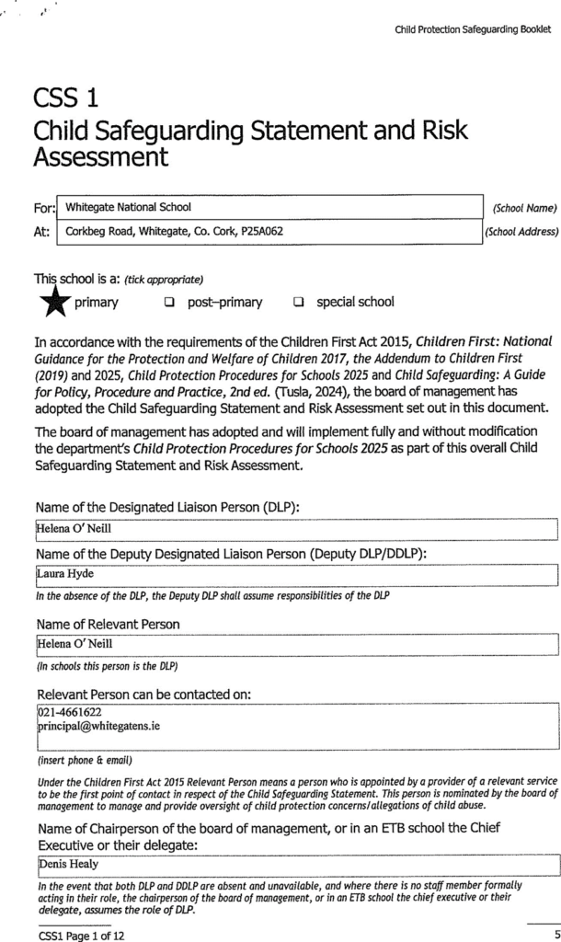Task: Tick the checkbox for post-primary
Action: point(169,303)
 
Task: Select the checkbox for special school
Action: point(299,303)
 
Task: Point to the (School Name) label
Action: point(522,208)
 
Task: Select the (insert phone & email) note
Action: point(84,760)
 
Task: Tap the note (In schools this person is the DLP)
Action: point(107,664)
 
